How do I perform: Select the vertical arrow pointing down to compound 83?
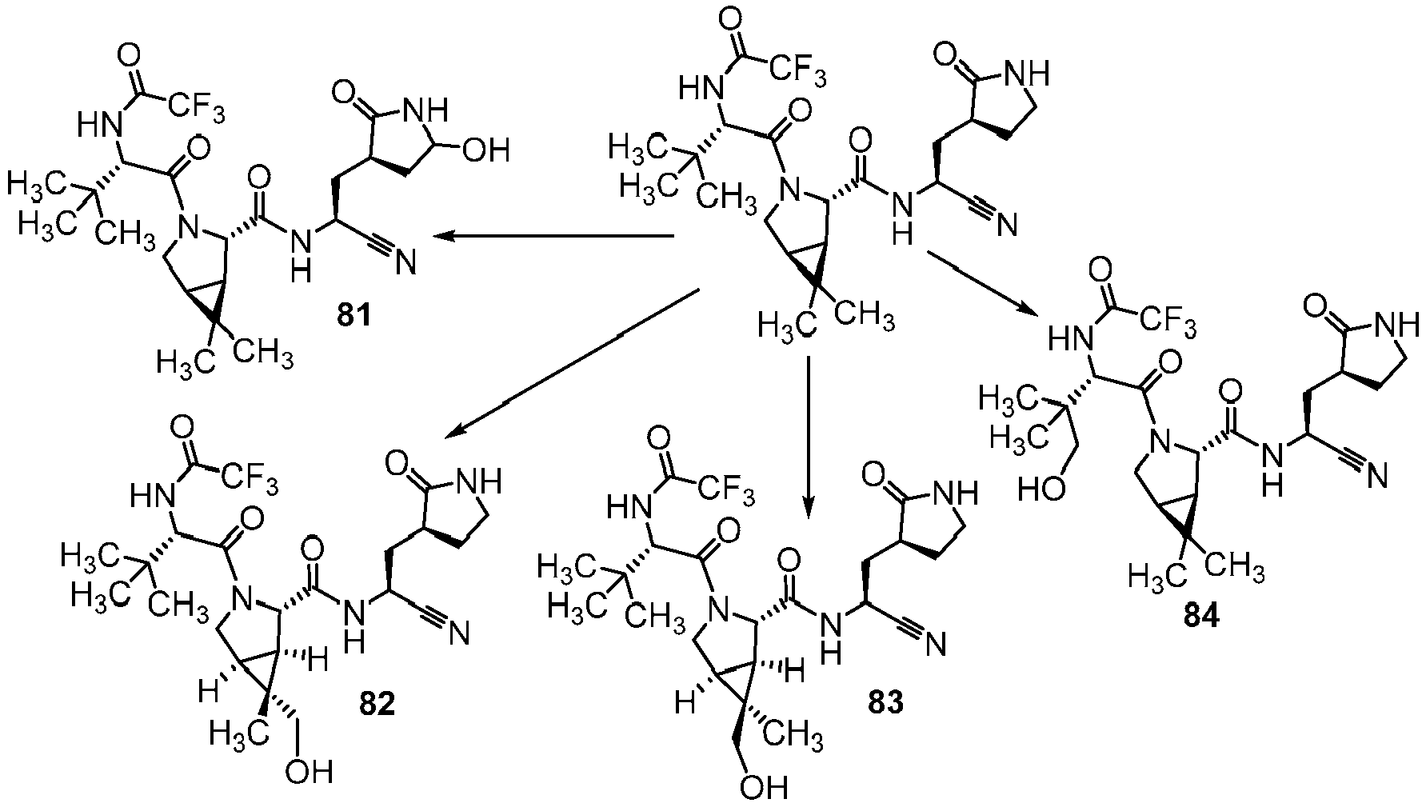click(808, 433)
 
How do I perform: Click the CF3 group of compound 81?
click(196, 104)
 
